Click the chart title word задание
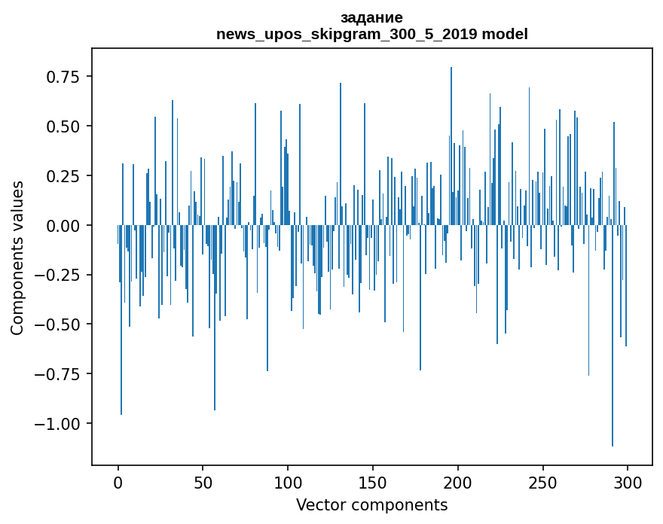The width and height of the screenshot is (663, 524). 371,18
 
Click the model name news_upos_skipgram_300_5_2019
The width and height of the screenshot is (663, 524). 347,34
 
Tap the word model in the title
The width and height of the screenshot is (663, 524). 505,34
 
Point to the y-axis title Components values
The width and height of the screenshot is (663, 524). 17,258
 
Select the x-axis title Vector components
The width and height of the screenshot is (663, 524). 371,505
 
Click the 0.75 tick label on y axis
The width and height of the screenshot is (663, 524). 63,77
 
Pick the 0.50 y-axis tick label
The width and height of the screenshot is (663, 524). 63,126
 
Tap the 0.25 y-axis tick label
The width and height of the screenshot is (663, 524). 63,175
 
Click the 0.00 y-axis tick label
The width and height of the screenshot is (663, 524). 63,226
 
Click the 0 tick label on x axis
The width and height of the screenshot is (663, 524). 118,483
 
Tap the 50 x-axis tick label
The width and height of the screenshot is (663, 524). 203,483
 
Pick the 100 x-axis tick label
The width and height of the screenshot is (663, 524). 288,483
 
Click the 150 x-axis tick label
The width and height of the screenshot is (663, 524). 373,483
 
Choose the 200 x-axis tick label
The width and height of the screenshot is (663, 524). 458,483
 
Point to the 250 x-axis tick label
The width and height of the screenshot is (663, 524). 543,483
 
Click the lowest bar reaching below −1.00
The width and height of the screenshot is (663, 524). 613,336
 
